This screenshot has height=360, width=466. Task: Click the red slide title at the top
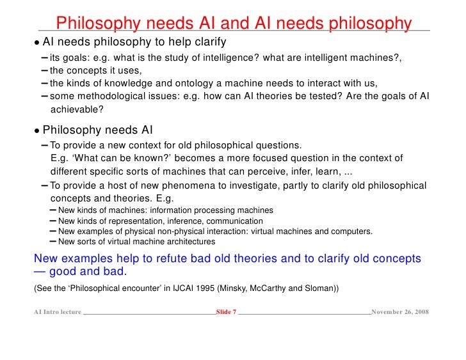tap(234, 23)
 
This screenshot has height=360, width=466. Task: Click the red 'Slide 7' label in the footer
tap(226, 311)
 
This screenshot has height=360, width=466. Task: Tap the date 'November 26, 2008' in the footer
tap(400, 311)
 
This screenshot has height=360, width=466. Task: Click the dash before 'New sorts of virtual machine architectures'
tap(52, 242)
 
